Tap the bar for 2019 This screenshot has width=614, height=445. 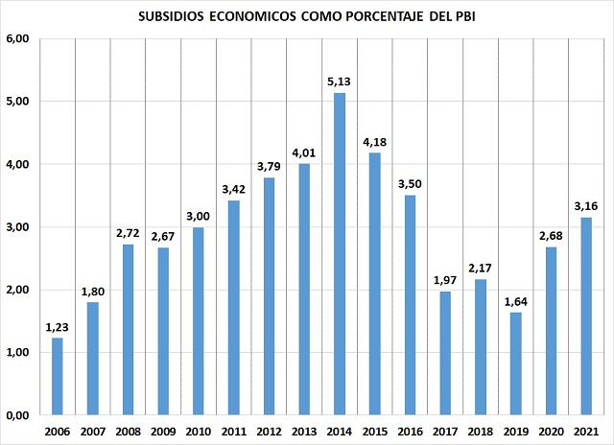(x=517, y=363)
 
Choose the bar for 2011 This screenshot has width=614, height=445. (x=234, y=308)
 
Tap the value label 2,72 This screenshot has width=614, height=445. (x=128, y=234)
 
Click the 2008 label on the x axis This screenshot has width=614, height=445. (x=128, y=431)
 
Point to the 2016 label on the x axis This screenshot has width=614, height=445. (x=411, y=431)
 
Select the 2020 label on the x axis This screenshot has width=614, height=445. (x=553, y=431)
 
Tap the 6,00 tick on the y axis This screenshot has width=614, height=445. (x=19, y=38)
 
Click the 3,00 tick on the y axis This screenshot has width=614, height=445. (x=19, y=227)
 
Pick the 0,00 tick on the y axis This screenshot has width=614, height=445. (x=19, y=415)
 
